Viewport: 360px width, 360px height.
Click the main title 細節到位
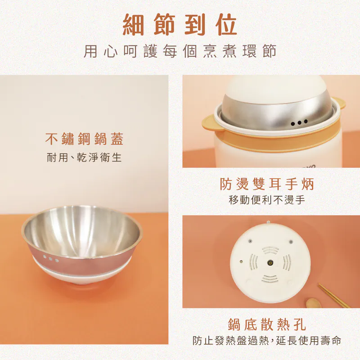click(x=180, y=25)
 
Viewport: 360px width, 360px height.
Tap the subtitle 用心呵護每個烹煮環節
click(x=180, y=51)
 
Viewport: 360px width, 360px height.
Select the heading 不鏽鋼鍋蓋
click(x=84, y=139)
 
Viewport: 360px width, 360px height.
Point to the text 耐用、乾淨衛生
click(x=84, y=158)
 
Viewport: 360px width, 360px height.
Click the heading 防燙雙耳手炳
click(x=267, y=184)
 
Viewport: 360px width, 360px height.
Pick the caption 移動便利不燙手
click(x=267, y=200)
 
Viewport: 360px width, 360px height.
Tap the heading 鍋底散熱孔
click(x=267, y=324)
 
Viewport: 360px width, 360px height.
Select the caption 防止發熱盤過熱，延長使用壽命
click(x=267, y=341)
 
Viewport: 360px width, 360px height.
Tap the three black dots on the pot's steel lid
click(x=299, y=122)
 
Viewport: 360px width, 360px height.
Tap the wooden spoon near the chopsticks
click(x=314, y=303)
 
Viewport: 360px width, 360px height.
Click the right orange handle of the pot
click(x=341, y=104)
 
